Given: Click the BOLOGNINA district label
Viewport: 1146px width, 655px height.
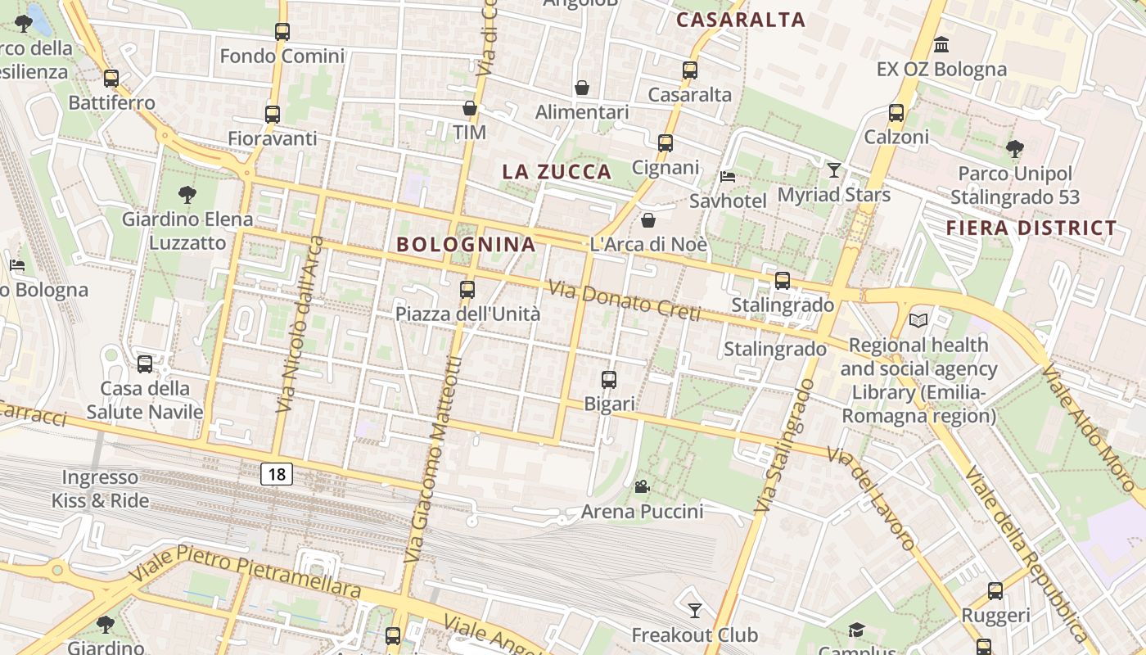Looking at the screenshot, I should coord(466,244).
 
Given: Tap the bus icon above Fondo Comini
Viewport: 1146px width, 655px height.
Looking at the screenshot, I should coord(282,32).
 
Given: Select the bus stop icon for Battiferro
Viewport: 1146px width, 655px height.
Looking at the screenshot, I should coord(111,79).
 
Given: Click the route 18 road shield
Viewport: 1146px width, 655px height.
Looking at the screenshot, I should coord(277,473).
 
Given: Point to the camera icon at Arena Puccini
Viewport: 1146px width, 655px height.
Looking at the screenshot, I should coord(642,487).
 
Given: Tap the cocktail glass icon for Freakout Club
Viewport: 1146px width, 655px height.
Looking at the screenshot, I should coord(695,610).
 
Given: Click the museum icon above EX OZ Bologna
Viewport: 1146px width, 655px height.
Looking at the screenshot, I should coord(941,44).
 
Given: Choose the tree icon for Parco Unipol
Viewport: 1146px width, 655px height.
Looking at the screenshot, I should coord(1015,149).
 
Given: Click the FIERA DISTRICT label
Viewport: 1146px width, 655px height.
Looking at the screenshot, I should coord(1031,228).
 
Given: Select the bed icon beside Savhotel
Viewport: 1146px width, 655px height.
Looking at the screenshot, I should coord(727,177).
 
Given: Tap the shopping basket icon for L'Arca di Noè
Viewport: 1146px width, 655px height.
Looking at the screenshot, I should coord(647,220).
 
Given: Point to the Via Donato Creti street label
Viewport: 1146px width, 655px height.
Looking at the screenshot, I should coord(625,300).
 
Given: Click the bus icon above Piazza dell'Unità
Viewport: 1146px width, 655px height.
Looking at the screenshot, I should coord(467,289).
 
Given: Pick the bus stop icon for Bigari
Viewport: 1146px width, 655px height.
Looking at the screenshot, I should coord(609,379).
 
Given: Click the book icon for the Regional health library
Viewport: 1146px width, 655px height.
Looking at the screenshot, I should coord(919,320).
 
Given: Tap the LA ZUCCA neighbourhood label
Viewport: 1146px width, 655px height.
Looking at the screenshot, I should coord(557,172).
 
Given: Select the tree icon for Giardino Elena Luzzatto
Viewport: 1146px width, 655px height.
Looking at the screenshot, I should coord(187,195).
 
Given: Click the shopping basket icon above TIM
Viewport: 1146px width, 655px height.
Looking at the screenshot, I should coord(470,108).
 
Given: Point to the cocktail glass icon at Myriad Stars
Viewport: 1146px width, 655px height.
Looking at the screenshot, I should coord(834,170).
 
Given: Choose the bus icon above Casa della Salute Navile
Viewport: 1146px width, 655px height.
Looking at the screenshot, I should coord(145,364).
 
